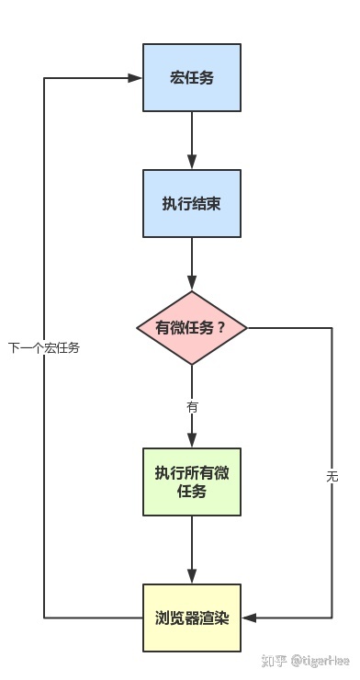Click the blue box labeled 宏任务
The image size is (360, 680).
(x=192, y=77)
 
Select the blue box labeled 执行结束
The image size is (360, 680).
(x=192, y=203)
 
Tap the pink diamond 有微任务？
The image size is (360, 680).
(x=192, y=328)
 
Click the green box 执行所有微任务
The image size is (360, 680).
(x=192, y=482)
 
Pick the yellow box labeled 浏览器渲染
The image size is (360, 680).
(x=192, y=618)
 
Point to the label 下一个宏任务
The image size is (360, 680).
(x=44, y=348)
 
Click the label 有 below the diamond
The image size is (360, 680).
(x=192, y=405)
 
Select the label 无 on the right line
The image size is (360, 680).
(x=332, y=476)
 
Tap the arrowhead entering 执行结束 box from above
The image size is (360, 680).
(x=192, y=164)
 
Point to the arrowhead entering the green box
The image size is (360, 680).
(x=192, y=442)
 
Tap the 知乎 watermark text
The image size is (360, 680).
(x=275, y=661)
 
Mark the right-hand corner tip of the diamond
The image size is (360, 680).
(x=249, y=328)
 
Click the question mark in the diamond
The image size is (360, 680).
(x=220, y=328)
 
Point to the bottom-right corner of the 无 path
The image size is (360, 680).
(x=332, y=618)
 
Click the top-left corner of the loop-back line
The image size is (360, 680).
(x=44, y=78)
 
